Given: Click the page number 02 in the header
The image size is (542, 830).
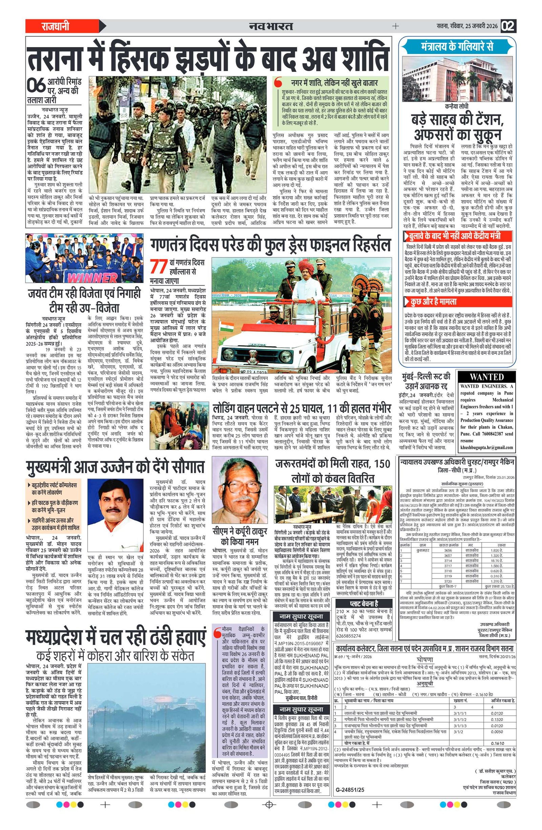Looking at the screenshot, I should tap(508, 26).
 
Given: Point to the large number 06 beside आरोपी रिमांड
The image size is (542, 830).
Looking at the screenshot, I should tap(36, 85).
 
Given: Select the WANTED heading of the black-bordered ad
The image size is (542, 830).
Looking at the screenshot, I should tap(487, 377).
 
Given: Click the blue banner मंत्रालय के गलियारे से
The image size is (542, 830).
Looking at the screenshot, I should tap(457, 46).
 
